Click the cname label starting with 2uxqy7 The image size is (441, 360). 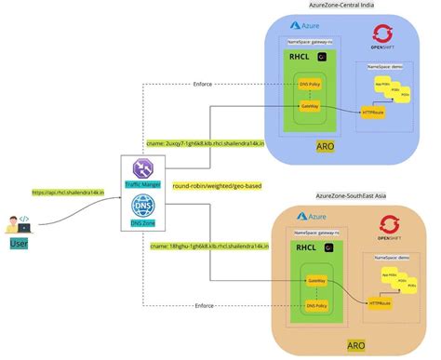(x=213, y=144)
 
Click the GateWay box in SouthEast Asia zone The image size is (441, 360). (x=315, y=280)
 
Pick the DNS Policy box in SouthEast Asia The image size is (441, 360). (x=317, y=305)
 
